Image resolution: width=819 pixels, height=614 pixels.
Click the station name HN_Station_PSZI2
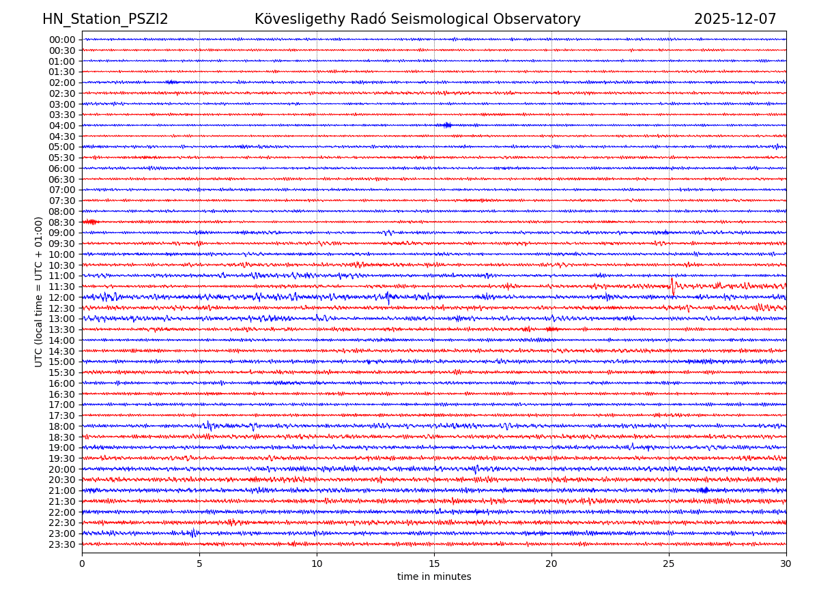105,20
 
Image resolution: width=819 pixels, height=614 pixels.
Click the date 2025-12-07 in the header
735,20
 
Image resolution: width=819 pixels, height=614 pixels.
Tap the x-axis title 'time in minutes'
434,577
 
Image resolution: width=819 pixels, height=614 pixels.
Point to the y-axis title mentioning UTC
39,291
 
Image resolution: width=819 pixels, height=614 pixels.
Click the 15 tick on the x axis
434,564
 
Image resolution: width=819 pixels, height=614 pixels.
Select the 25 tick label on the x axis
669,564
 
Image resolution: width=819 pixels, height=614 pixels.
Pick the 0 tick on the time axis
82,564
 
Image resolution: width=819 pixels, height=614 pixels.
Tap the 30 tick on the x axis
786,564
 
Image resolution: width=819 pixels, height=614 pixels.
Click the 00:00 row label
62,40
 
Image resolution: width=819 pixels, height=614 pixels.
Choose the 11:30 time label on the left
62,287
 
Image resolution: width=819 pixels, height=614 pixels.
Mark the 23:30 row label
62,544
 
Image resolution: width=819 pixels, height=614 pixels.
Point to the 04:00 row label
62,126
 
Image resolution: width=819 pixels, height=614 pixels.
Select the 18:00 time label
62,426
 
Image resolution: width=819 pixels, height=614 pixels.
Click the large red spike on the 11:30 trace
672,284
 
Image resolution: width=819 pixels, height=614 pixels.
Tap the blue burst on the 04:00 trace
447,125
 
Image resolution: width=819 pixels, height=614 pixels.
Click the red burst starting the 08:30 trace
90,222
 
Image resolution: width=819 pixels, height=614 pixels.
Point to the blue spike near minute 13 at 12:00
388,297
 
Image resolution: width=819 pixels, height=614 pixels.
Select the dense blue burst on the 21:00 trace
704,491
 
